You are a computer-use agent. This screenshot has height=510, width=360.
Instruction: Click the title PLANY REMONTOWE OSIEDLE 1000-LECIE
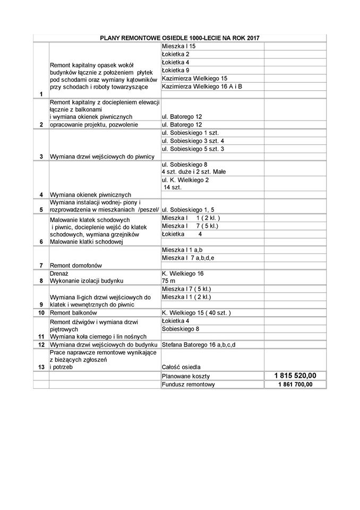click(179, 38)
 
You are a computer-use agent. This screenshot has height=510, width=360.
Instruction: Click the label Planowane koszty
click(183, 376)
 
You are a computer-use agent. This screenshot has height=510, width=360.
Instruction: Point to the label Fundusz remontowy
click(185, 385)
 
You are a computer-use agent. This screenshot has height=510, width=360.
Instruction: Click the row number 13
click(41, 367)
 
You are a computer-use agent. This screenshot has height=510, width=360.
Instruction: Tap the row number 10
click(41, 313)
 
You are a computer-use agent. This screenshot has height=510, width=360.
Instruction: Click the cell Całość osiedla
click(182, 367)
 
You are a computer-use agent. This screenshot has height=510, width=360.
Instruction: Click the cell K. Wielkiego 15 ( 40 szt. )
click(196, 313)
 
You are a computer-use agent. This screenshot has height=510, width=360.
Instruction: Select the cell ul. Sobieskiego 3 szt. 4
click(193, 141)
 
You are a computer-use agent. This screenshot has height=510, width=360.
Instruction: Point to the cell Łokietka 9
click(176, 70)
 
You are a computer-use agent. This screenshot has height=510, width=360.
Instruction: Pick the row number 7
click(41, 265)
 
